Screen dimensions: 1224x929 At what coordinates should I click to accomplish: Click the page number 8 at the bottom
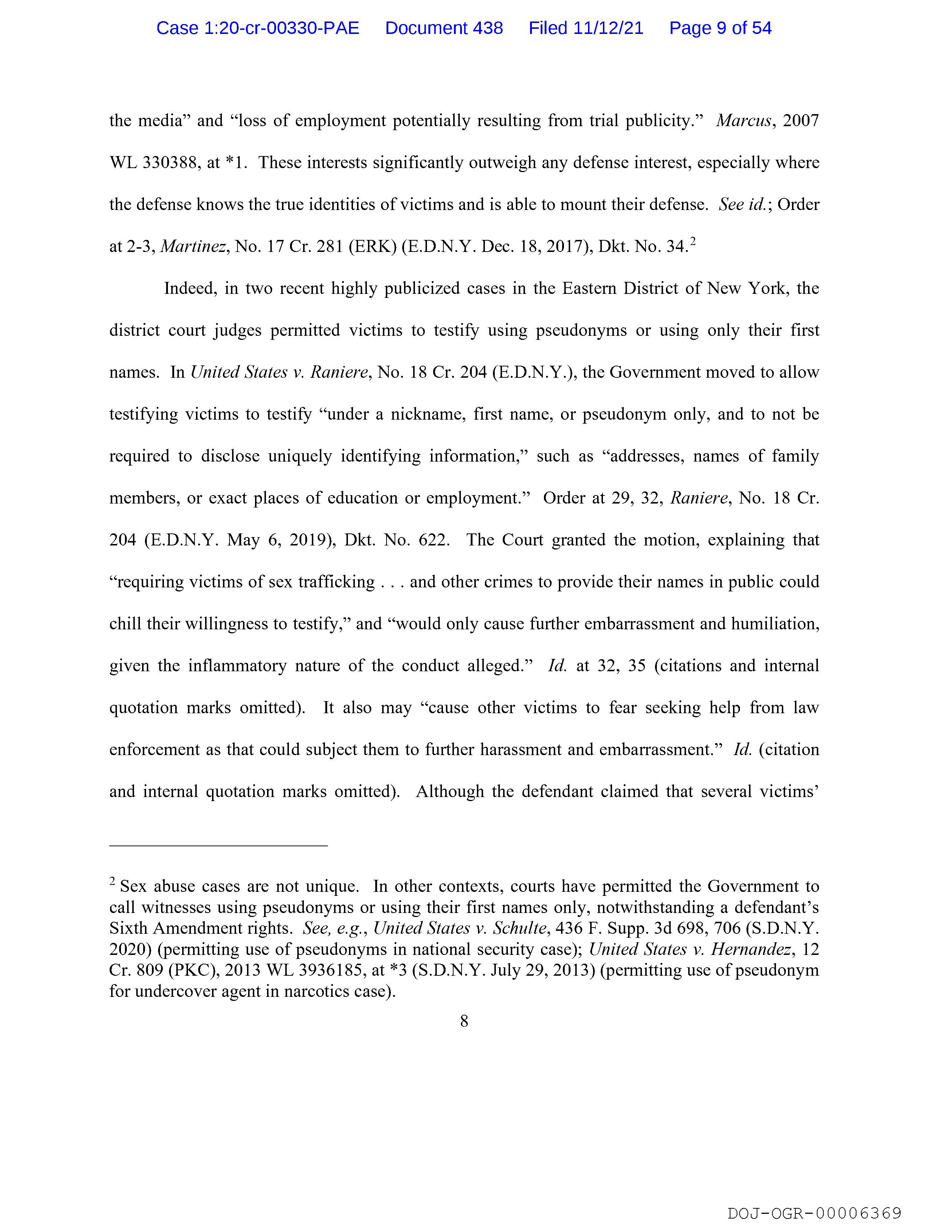pyautogui.click(x=464, y=1021)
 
